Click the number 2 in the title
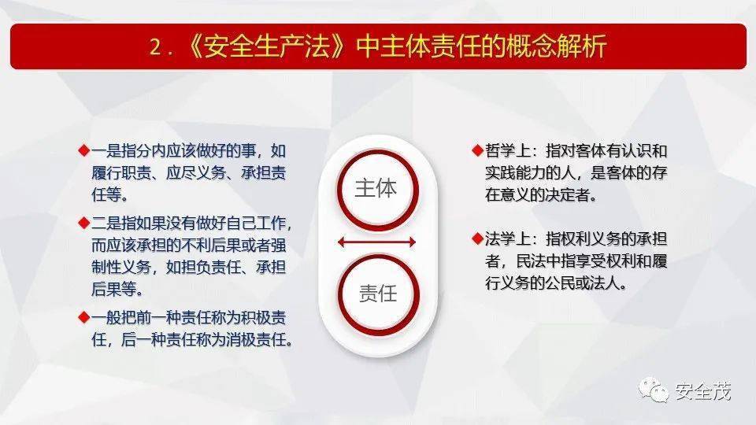tap(156, 47)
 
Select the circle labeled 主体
tap(377, 190)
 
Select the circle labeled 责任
tap(378, 294)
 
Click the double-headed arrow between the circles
tap(376, 242)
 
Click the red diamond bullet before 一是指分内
tap(84, 150)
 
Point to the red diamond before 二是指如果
tap(84, 223)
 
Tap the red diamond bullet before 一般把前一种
tap(84, 317)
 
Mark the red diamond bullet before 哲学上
tap(478, 150)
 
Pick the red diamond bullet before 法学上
tap(478, 238)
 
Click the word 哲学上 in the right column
tap(507, 151)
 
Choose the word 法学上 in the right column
tap(507, 238)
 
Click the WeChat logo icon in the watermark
tap(654, 390)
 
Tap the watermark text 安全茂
tap(702, 391)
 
